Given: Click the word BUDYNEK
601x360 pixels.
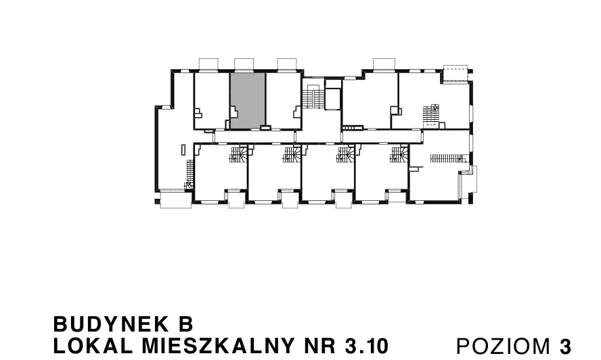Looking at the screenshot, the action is [x=111, y=324].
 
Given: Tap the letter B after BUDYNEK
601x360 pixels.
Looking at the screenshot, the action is [x=185, y=324].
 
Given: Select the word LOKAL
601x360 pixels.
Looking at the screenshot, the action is [x=93, y=346].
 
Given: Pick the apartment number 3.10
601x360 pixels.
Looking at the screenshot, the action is [x=366, y=346].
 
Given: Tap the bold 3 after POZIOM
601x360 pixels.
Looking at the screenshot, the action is [x=565, y=346].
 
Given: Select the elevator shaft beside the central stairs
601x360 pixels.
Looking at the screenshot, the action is [x=333, y=99].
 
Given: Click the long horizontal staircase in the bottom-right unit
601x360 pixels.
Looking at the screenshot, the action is [x=447, y=158].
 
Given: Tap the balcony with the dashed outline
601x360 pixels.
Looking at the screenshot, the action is [x=455, y=74].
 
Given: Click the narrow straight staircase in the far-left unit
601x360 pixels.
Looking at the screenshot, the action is [x=190, y=171].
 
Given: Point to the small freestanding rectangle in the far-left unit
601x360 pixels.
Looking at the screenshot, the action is [x=183, y=150].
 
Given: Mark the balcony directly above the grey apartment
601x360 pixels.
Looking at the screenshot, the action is [x=244, y=64].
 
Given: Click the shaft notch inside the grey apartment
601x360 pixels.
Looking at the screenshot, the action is [x=234, y=112].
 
